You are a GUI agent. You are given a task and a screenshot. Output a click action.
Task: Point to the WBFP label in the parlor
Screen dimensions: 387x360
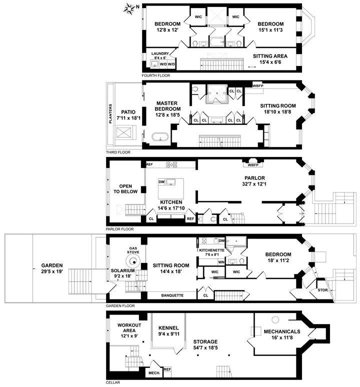click(253, 164)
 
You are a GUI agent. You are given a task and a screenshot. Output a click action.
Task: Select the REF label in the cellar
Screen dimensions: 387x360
click(167, 369)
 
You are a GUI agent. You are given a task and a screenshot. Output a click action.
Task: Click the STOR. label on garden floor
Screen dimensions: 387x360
click(322, 290)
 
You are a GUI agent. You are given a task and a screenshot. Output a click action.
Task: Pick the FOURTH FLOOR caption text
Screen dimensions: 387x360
click(155, 75)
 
